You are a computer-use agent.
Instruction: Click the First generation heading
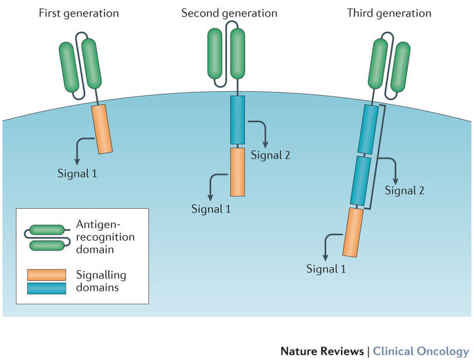pyautogui.click(x=78, y=13)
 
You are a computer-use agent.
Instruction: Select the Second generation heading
pyautogui.click(x=230, y=13)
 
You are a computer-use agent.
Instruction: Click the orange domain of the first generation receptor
pyautogui.click(x=102, y=129)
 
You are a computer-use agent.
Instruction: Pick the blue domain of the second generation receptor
pyautogui.click(x=238, y=119)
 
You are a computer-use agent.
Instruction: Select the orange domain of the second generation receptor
pyautogui.click(x=238, y=171)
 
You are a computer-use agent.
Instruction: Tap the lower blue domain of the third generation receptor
pyautogui.click(x=361, y=180)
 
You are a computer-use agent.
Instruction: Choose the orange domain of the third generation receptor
pyautogui.click(x=353, y=231)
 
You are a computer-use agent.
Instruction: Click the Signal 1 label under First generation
pyautogui.click(x=77, y=173)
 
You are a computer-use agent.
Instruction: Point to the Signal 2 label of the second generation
pyautogui.click(x=270, y=155)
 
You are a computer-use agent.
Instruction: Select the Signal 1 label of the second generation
pyautogui.click(x=211, y=209)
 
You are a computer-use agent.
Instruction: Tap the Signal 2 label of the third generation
pyautogui.click(x=404, y=191)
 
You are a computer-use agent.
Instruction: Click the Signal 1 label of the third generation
pyautogui.click(x=326, y=269)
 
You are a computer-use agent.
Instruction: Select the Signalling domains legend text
pyautogui.click(x=101, y=282)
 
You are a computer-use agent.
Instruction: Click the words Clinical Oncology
pyautogui.click(x=421, y=351)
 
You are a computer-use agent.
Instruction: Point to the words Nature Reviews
pyautogui.click(x=320, y=351)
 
